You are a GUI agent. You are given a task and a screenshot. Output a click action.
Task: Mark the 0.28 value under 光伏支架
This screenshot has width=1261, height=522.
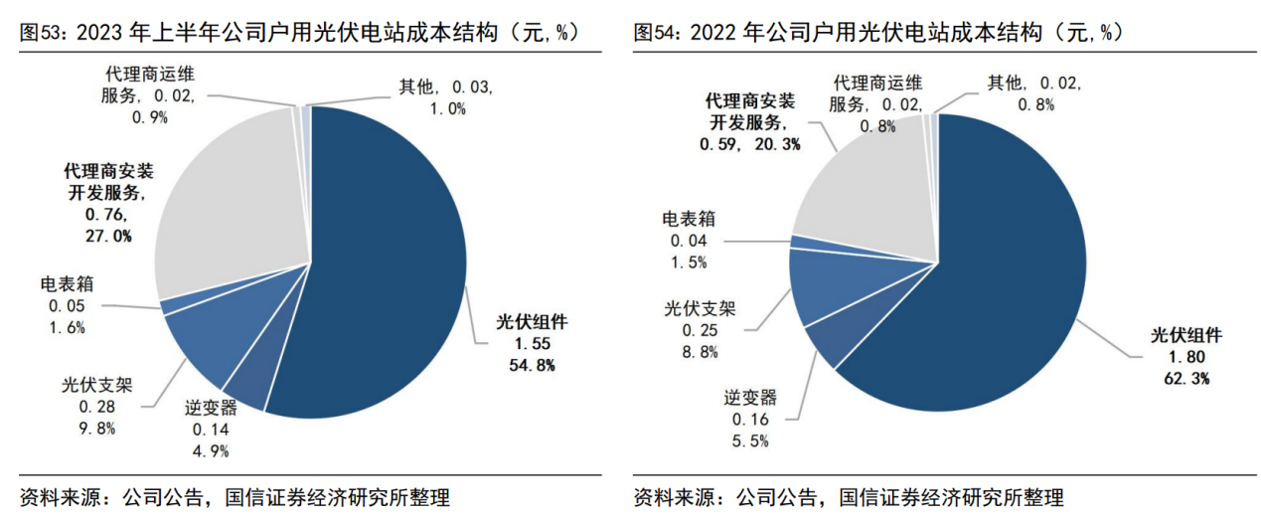[x=98, y=409]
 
